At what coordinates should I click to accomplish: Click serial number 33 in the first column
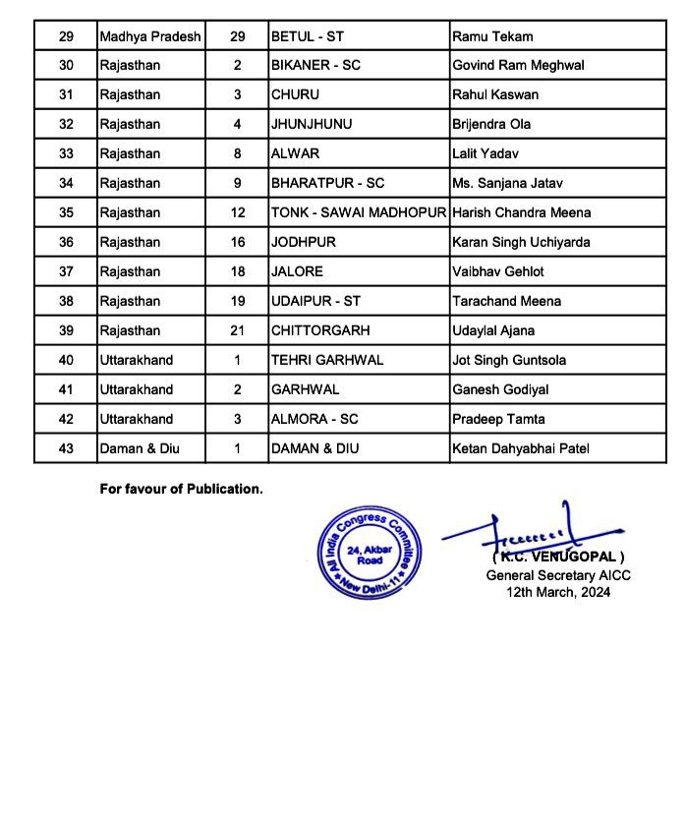tap(66, 154)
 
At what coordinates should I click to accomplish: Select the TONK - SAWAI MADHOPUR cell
tap(359, 212)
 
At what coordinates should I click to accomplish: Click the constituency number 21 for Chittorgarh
tap(237, 330)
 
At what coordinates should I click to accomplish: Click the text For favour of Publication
tap(181, 488)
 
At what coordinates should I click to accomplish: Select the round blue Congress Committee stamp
tap(370, 553)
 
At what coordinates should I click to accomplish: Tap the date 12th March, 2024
tap(558, 592)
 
